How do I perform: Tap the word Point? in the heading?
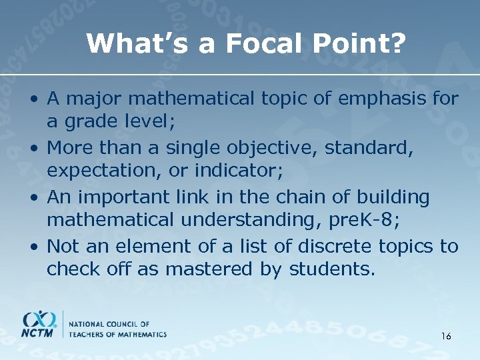tap(355, 44)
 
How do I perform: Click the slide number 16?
tap(446, 336)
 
